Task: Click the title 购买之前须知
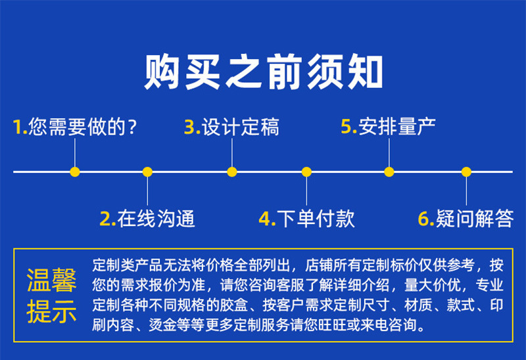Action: pos(263,72)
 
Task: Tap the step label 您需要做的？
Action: pos(84,127)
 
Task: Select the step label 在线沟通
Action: pos(156,218)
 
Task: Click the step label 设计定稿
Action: pos(241,127)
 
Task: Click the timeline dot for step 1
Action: pos(75,172)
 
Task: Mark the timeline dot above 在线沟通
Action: pos(147,172)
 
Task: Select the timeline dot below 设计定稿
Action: pos(232,172)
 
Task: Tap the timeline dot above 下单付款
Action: pos(306,172)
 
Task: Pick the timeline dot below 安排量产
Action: pos(389,172)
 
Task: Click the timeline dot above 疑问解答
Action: pos(466,172)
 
